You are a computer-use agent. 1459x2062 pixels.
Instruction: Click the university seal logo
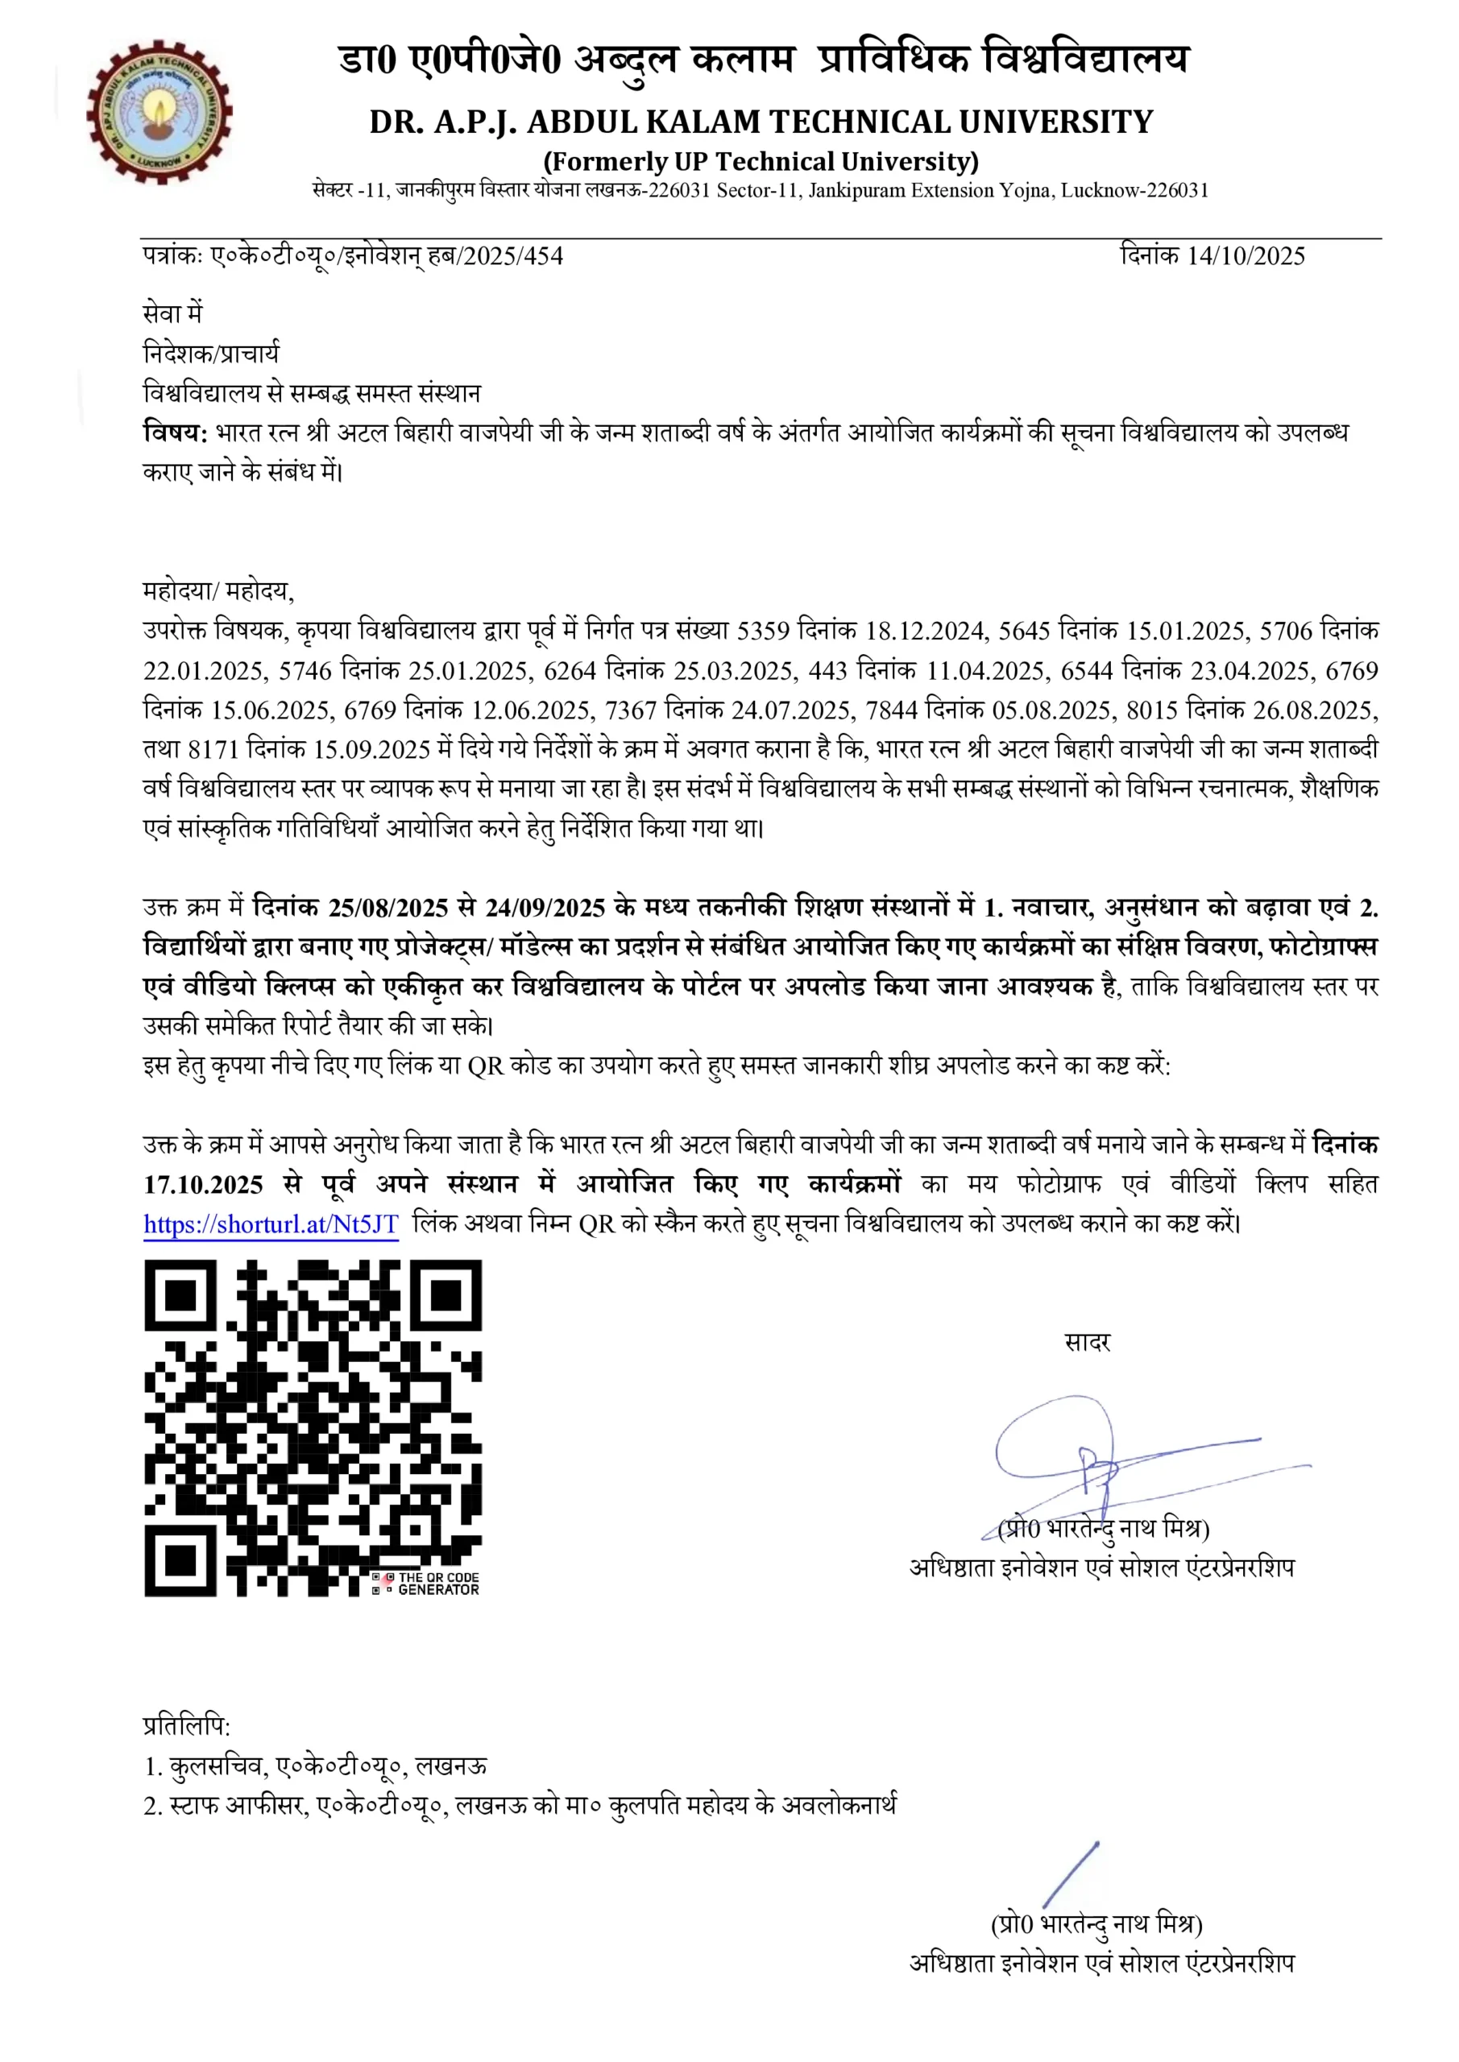point(159,113)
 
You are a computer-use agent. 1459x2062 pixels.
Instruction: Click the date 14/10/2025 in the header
point(1246,256)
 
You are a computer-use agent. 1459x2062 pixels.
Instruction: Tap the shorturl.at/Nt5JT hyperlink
point(271,1224)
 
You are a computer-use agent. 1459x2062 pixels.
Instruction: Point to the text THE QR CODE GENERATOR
point(437,1584)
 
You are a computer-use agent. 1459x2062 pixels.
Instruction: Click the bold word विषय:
point(175,433)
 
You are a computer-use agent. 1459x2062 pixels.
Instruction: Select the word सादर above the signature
point(1087,1343)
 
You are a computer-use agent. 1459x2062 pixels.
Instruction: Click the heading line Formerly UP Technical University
point(760,162)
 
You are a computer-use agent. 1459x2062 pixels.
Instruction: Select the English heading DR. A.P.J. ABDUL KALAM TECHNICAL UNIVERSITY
point(760,122)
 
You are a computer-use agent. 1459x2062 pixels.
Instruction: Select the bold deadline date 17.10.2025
point(203,1185)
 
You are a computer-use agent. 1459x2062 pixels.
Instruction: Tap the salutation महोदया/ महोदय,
point(218,591)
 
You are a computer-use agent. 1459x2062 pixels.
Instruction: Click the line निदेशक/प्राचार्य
point(211,353)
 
